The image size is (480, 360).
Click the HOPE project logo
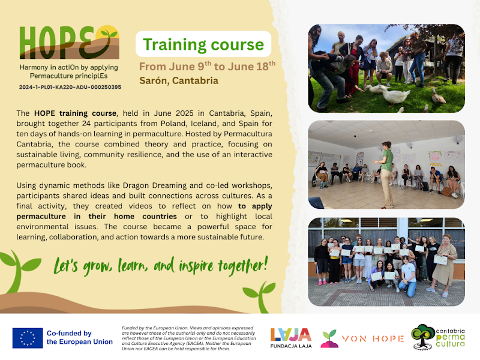(x=69, y=42)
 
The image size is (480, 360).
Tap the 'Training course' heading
(x=203, y=44)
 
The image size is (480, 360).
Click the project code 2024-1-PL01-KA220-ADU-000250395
(x=70, y=87)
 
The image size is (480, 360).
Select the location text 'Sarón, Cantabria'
(x=179, y=80)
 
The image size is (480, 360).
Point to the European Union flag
(x=28, y=338)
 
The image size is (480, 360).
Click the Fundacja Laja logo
(x=291, y=338)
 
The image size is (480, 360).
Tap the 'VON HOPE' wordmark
(x=373, y=338)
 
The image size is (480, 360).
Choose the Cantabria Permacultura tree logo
(x=424, y=337)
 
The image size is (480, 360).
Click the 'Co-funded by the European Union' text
(x=80, y=337)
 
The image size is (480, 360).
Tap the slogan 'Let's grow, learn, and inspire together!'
(x=161, y=265)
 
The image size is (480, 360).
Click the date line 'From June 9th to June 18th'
(x=207, y=66)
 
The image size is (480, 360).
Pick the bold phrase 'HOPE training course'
(x=76, y=113)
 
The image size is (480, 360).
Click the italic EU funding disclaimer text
(x=189, y=338)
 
